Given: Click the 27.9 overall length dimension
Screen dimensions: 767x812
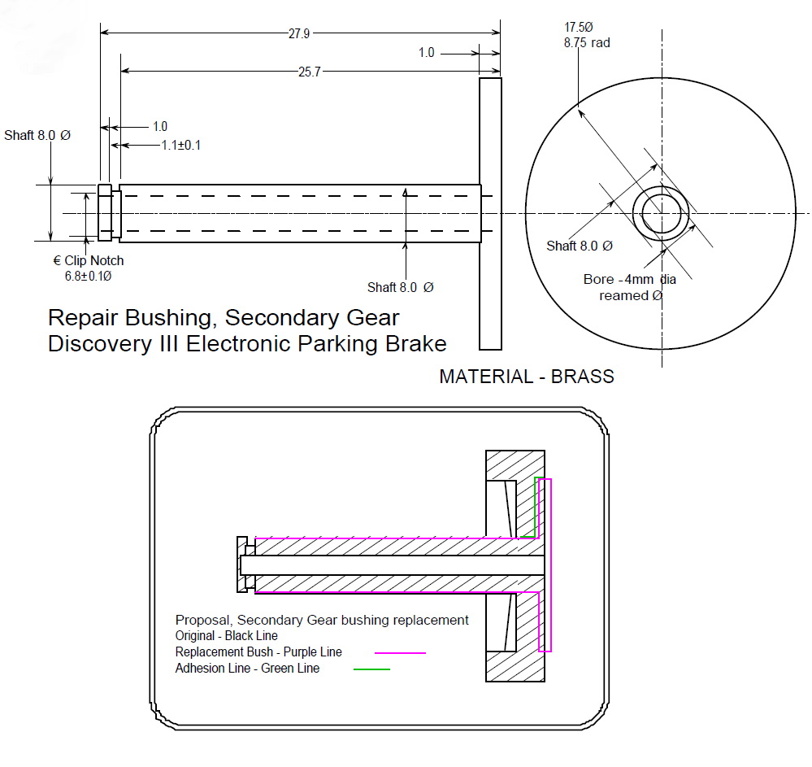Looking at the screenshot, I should (x=299, y=33).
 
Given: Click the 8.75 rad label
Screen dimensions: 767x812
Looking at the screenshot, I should (x=587, y=42).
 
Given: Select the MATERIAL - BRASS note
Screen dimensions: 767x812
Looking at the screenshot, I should (x=526, y=377).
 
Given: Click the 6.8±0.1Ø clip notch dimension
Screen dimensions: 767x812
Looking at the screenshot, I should (x=88, y=276).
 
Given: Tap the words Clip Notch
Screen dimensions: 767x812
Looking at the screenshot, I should (x=94, y=261).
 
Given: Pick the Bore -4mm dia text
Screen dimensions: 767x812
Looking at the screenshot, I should (x=629, y=279).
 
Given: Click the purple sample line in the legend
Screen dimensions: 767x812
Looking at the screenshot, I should (x=400, y=652).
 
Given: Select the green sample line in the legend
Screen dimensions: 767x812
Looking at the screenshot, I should (x=371, y=669).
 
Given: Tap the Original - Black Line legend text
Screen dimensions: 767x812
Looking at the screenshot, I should (x=226, y=635).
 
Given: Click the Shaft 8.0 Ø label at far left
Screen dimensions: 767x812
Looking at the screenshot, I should (x=37, y=135).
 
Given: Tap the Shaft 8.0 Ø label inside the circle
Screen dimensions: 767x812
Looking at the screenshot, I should (x=579, y=246).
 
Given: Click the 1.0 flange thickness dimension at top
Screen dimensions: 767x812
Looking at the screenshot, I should (x=427, y=53).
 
